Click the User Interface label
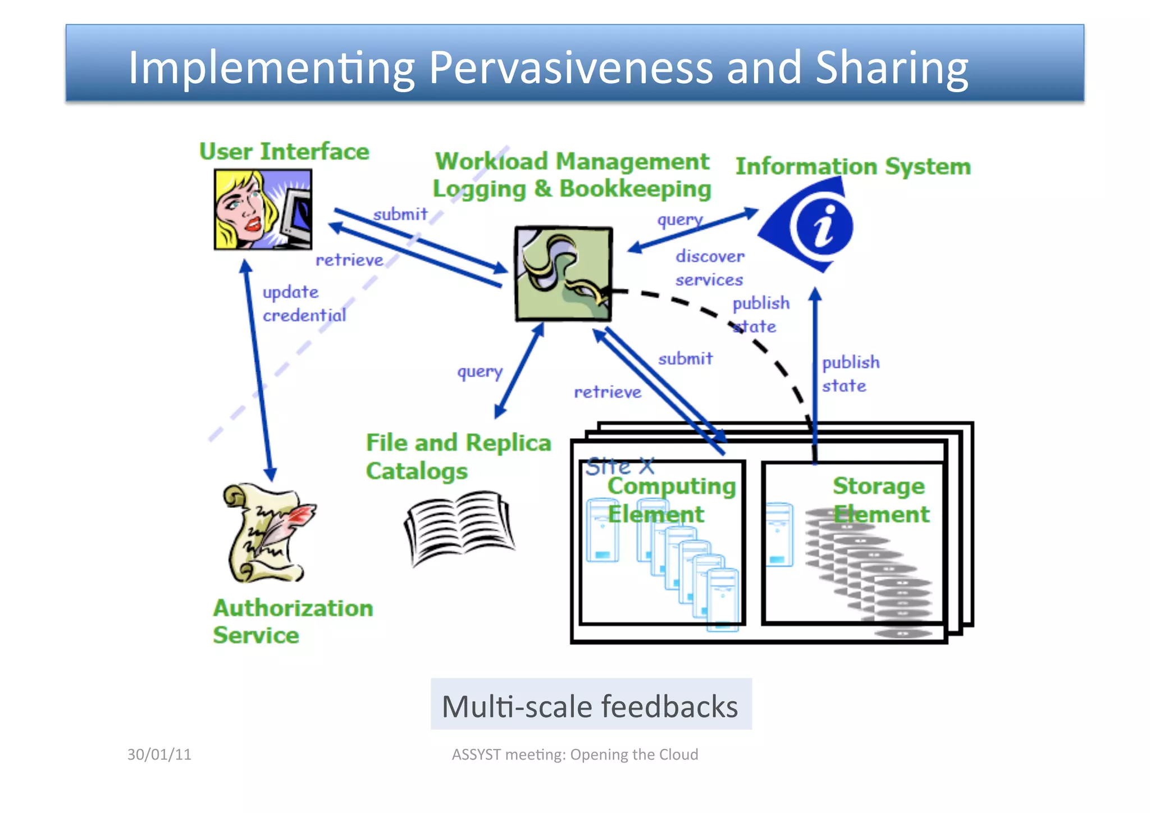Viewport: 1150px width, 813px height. coord(284,152)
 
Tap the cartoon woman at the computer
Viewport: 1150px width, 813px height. coord(262,210)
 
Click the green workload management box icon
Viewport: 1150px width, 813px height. coord(564,274)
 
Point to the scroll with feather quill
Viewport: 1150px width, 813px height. coord(267,533)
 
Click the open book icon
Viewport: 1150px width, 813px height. coord(459,527)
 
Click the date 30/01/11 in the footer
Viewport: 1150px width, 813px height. coord(159,754)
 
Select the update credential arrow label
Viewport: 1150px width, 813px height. coord(304,303)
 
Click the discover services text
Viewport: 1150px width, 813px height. coord(709,267)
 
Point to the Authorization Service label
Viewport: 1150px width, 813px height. coord(292,621)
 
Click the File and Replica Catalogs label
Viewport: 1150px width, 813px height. coord(458,456)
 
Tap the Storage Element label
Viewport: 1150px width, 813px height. coord(880,499)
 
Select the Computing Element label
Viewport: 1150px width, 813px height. coord(670,499)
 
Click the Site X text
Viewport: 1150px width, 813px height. coord(619,466)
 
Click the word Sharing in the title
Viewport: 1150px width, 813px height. coord(891,67)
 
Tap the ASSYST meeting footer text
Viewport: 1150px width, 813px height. coord(574,754)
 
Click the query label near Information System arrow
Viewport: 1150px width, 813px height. coord(679,219)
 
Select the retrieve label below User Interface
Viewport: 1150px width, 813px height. coord(349,260)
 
